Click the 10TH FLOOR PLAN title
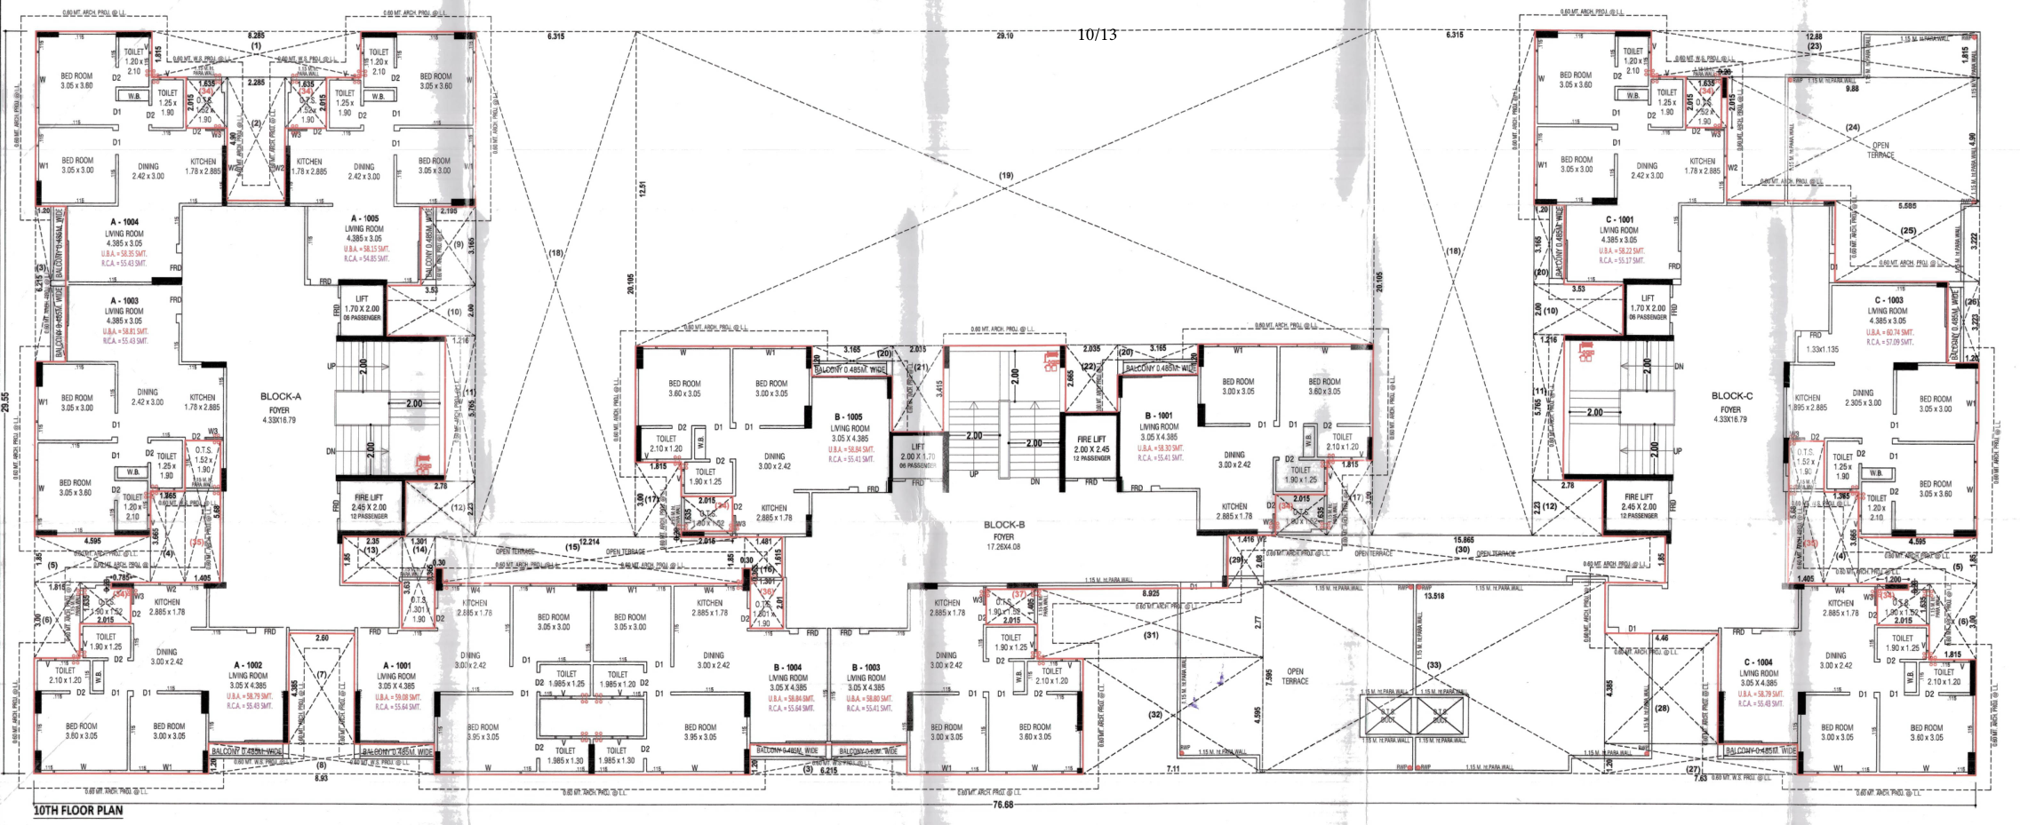coord(78,810)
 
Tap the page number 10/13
coord(1097,35)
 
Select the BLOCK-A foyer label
coord(281,397)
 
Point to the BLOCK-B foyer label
coord(1004,525)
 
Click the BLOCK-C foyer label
coord(1731,396)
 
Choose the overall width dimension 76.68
coord(1002,805)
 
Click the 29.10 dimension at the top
coord(1004,36)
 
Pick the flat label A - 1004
coord(124,222)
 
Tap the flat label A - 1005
coord(364,218)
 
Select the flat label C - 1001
coord(1619,219)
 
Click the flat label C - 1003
coord(1888,300)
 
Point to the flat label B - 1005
coord(849,416)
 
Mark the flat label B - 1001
coord(1159,416)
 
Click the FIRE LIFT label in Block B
coord(1091,440)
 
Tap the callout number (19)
coord(1006,176)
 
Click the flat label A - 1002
coord(248,665)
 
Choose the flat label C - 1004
coord(1758,662)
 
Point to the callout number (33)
coord(1433,665)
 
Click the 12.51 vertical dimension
coord(642,188)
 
